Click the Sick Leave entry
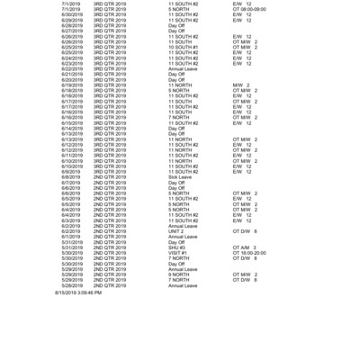click(181, 177)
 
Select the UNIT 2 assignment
click(176, 230)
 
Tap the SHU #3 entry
click(176, 247)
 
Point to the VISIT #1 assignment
click(177, 253)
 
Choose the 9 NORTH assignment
click(179, 274)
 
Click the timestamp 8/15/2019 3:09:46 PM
click(78, 292)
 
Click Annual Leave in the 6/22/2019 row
click(183, 69)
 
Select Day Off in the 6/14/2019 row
click(176, 129)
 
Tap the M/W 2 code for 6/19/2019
click(240, 85)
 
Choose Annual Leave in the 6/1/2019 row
click(183, 236)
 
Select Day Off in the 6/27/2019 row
click(176, 31)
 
